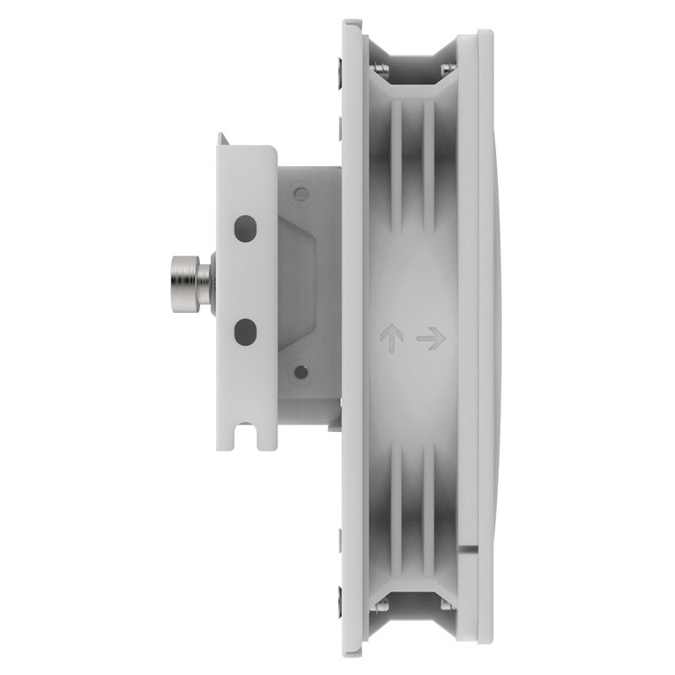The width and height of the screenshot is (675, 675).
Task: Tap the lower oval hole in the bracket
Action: pos(245,329)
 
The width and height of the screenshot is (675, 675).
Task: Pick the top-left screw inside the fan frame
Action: pos(381,68)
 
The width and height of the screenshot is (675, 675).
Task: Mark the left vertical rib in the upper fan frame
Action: pos(396,160)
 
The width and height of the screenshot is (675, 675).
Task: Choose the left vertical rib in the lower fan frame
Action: pos(396,515)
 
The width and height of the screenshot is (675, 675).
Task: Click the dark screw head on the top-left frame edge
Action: pos(339,67)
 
